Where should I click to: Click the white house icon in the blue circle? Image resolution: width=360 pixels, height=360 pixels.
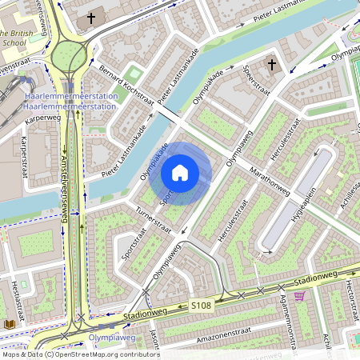tap(180, 173)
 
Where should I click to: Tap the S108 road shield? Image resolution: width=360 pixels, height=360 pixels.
tap(201, 306)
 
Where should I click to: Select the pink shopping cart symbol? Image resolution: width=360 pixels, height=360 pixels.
tap(300, 296)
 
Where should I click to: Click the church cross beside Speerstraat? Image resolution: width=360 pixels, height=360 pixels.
tap(271, 63)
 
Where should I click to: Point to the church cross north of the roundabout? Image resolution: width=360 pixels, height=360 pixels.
tap(90, 17)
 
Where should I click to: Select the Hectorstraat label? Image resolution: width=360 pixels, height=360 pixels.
tap(349, 297)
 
